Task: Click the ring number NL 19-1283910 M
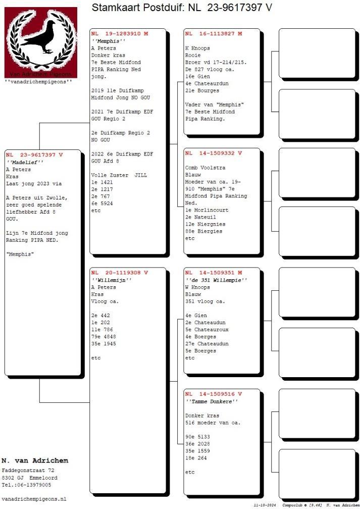[120, 34]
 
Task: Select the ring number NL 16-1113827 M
[214, 34]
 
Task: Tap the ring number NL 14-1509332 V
[214, 153]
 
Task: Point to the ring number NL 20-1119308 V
[120, 273]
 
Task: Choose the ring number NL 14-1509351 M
[214, 273]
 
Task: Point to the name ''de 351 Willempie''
[216, 280]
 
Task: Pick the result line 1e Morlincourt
[208, 210]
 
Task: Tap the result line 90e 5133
[197, 437]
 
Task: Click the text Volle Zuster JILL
[119, 175]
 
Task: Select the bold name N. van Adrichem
[35, 460]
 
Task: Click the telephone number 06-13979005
[33, 485]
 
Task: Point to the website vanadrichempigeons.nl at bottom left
[34, 499]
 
